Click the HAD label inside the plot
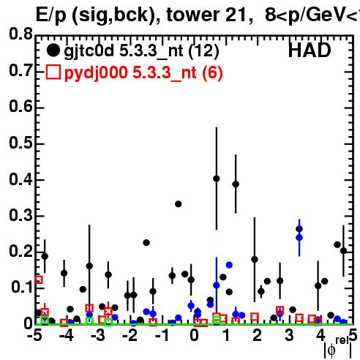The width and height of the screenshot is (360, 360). click(x=310, y=50)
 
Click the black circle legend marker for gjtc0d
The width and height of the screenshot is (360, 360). click(x=53, y=50)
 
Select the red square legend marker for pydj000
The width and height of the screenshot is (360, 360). click(x=53, y=72)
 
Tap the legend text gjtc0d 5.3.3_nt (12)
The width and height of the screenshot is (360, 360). click(x=141, y=52)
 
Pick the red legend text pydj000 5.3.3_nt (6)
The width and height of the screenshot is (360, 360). click(x=143, y=73)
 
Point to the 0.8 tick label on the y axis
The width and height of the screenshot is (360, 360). click(x=20, y=34)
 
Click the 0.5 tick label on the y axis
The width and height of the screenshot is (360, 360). click(x=20, y=143)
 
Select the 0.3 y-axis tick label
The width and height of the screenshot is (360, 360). click(x=20, y=215)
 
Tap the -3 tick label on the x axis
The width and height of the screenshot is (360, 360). click(x=99, y=336)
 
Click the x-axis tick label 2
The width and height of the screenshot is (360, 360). click(x=257, y=336)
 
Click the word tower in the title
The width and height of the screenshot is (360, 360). click(x=193, y=15)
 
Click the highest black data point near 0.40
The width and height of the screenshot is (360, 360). click(x=217, y=179)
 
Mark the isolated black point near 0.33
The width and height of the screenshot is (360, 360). click(x=179, y=204)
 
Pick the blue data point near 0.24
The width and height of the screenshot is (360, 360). click(x=299, y=238)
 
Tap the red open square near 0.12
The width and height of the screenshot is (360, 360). click(x=39, y=280)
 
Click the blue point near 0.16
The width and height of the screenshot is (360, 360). click(x=229, y=265)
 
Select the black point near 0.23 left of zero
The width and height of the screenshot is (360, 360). click(x=146, y=243)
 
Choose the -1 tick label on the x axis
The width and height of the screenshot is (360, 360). click(x=162, y=336)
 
